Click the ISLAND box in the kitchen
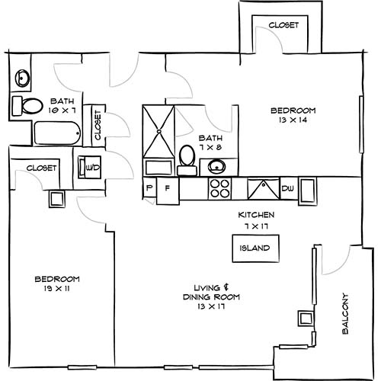click(255, 248)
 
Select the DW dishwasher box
click(288, 188)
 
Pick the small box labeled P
click(149, 188)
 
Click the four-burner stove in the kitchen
click(220, 187)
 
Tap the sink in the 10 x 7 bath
click(21, 78)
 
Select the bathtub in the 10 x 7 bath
click(56, 134)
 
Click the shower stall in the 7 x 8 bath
click(159, 131)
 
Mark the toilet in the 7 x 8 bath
click(187, 158)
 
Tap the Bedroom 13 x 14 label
click(293, 115)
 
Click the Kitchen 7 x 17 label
click(255, 220)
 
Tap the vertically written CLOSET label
click(98, 124)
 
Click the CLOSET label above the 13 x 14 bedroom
click(283, 25)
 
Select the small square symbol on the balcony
click(306, 319)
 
